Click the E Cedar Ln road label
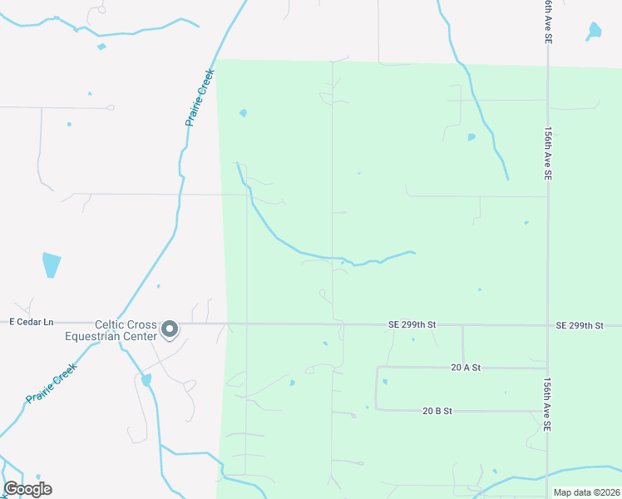[x=31, y=321]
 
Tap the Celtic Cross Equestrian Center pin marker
[x=170, y=329]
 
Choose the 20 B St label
[x=437, y=411]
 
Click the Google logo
[x=27, y=489]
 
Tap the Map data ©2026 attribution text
[x=585, y=492]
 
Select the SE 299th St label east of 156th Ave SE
[x=590, y=325]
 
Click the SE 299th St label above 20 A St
[x=412, y=325]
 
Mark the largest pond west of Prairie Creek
[x=52, y=265]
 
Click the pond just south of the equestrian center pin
[x=147, y=380]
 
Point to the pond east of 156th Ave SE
[x=594, y=32]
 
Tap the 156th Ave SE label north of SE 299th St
[x=547, y=155]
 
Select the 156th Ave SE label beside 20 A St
[x=547, y=403]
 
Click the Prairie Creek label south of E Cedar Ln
[x=52, y=383]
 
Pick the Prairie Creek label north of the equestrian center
[x=200, y=97]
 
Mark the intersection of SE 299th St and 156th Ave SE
[x=547, y=325]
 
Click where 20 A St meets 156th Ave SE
[x=547, y=367]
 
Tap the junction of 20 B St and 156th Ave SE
[x=547, y=411]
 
